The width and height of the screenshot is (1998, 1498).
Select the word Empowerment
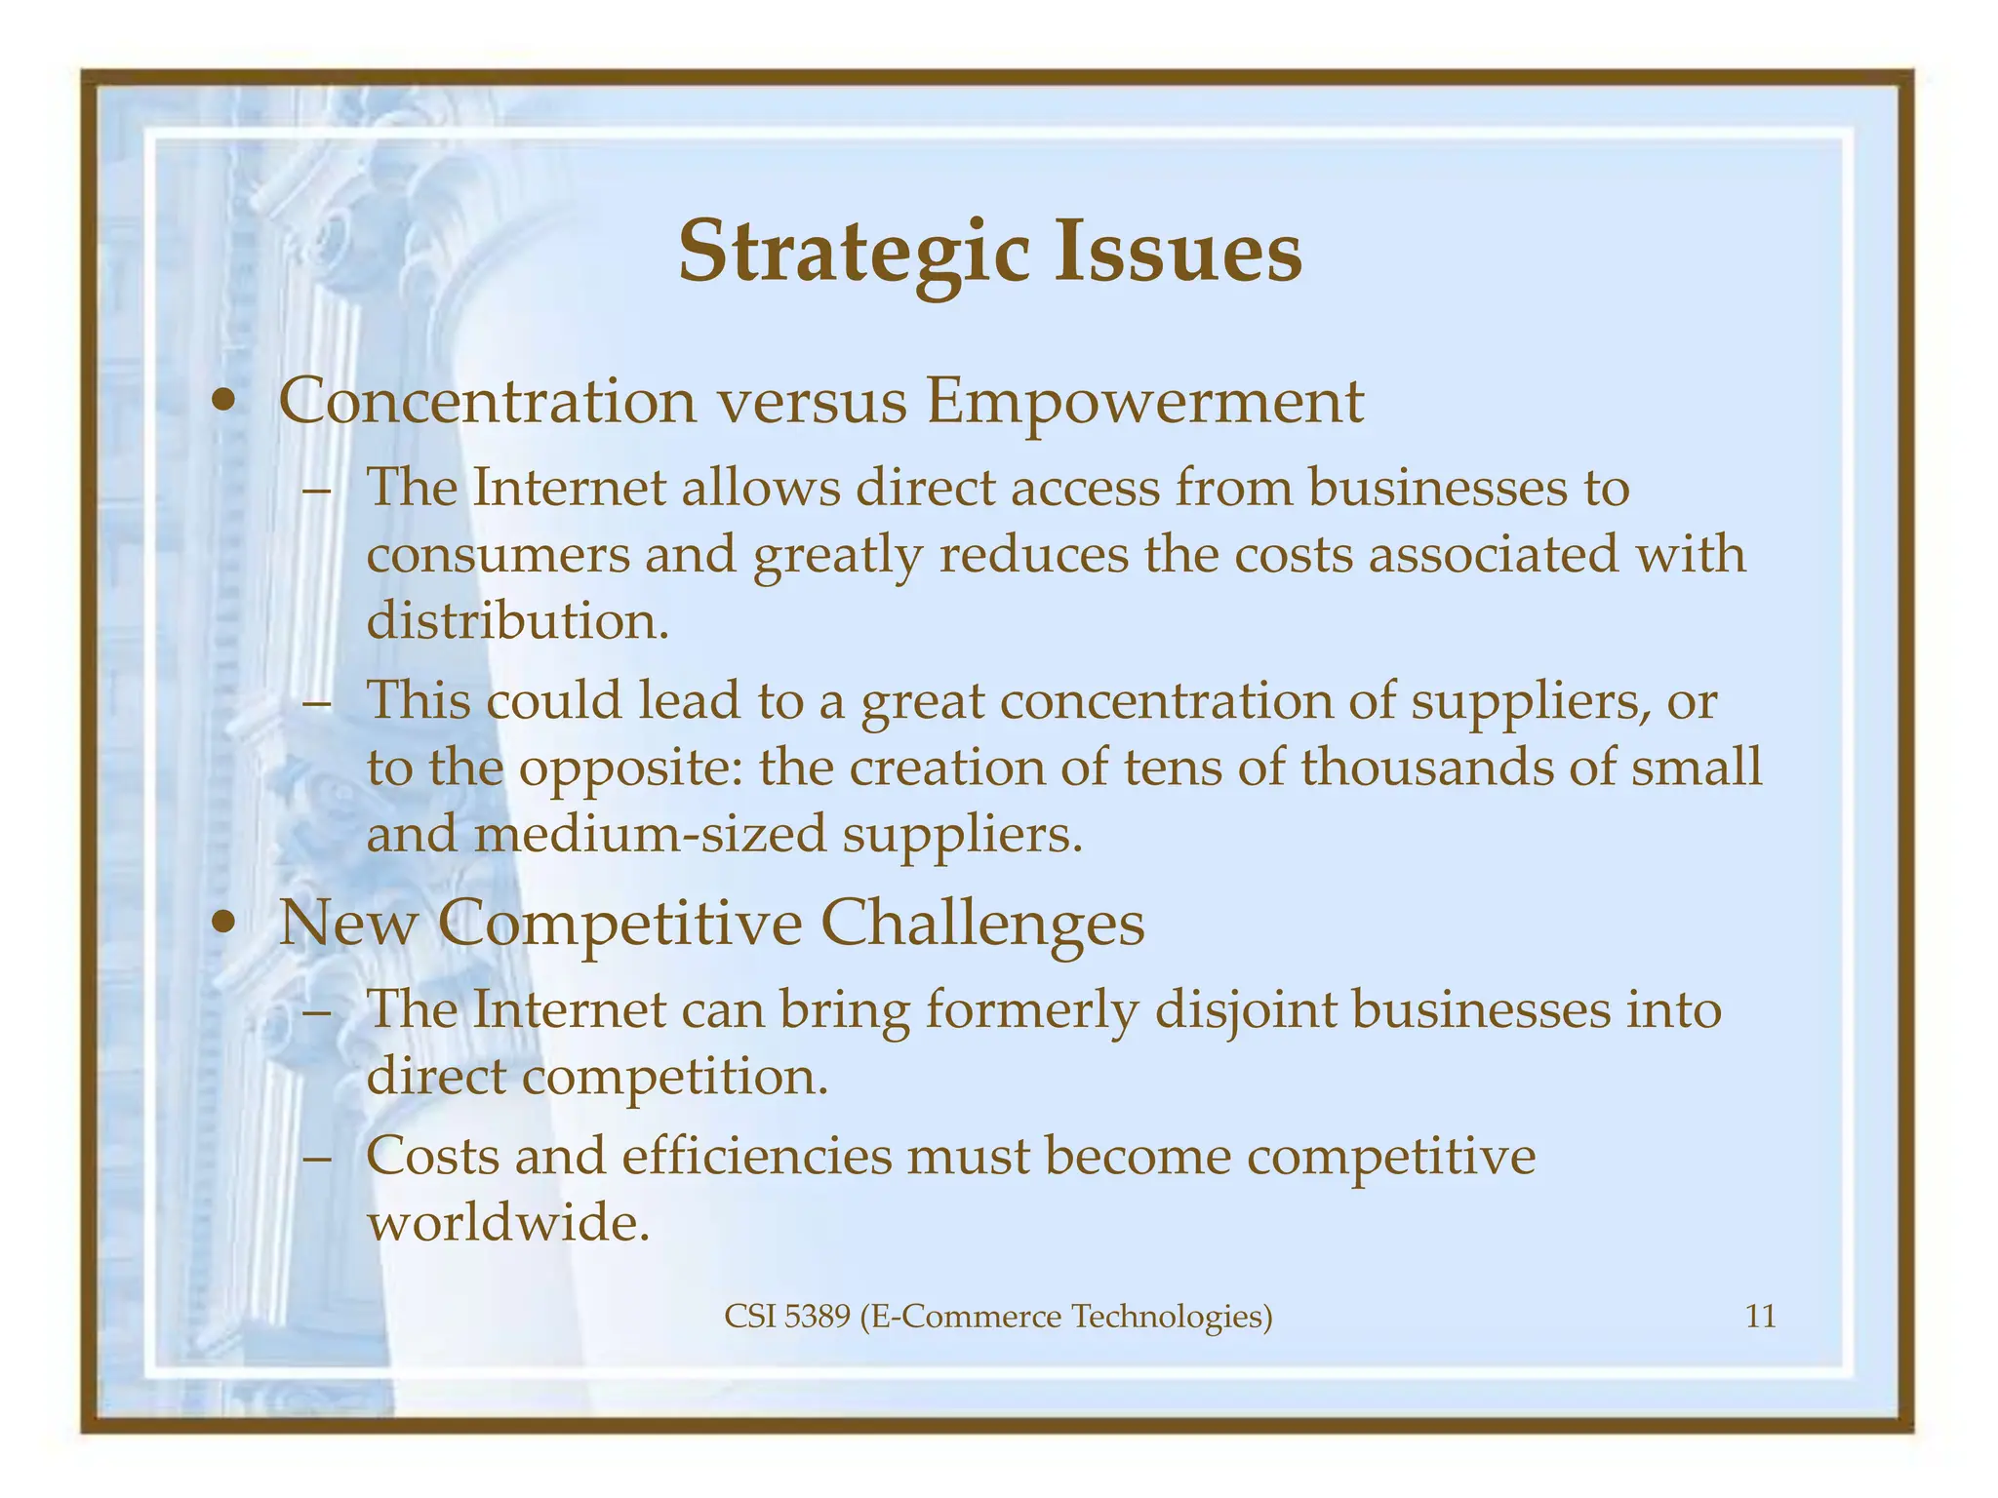pyautogui.click(x=1144, y=402)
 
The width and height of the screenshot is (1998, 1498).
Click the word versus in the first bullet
pyautogui.click(x=812, y=402)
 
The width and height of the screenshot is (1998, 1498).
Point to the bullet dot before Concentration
pyautogui.click(x=225, y=402)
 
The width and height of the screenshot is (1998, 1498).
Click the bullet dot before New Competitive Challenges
pyautogui.click(x=225, y=923)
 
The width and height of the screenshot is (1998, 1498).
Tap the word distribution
pyautogui.click(x=517, y=620)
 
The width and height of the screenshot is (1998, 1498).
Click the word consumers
pyautogui.click(x=497, y=554)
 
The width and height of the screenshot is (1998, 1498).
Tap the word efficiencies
pyautogui.click(x=756, y=1156)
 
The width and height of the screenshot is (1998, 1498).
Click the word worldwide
pyautogui.click(x=507, y=1222)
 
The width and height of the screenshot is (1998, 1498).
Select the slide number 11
pyautogui.click(x=1760, y=1318)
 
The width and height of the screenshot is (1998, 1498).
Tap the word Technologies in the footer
pyautogui.click(x=1172, y=1318)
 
